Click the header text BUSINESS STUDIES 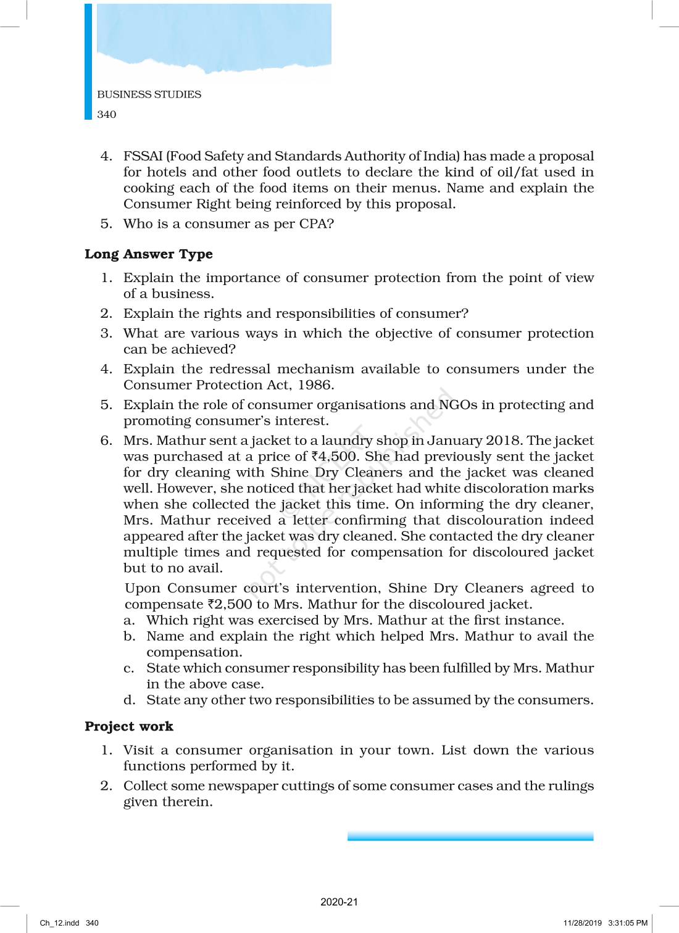click(149, 94)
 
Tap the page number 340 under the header click(107, 114)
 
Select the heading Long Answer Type click(148, 254)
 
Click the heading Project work click(128, 726)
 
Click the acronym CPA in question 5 click(316, 224)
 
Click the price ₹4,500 click(335, 457)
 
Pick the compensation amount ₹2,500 click(230, 604)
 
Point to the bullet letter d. click(129, 700)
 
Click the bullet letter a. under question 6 click(129, 620)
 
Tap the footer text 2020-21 click(339, 902)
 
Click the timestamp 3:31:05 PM click(628, 923)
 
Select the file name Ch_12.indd click(59, 923)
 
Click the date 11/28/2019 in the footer click(582, 923)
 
